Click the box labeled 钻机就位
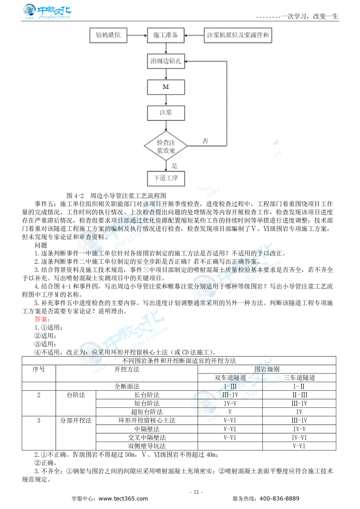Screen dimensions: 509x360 tap(108, 35)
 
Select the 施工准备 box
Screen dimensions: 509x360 tap(166, 35)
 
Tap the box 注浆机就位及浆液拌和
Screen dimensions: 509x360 tap(238, 35)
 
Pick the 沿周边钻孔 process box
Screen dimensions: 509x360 tap(166, 61)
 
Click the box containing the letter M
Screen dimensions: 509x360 tap(166, 87)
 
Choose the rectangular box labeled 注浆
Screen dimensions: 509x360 tap(166, 113)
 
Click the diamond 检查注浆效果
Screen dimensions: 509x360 tap(166, 146)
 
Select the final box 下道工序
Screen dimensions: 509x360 tap(166, 178)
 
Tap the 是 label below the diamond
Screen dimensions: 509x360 tap(174, 166)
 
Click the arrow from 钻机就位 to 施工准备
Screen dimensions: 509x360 tap(137, 35)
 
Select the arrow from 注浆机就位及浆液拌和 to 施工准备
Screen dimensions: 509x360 tap(194, 35)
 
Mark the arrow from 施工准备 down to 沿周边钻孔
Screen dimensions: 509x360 tap(166, 48)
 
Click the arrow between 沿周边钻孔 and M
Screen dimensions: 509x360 tap(166, 74)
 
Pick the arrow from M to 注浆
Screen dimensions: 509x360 tap(166, 100)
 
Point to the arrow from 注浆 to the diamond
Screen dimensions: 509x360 tap(166, 126)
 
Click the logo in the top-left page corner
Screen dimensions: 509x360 tap(46, 12)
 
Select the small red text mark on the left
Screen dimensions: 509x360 tap(42, 319)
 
